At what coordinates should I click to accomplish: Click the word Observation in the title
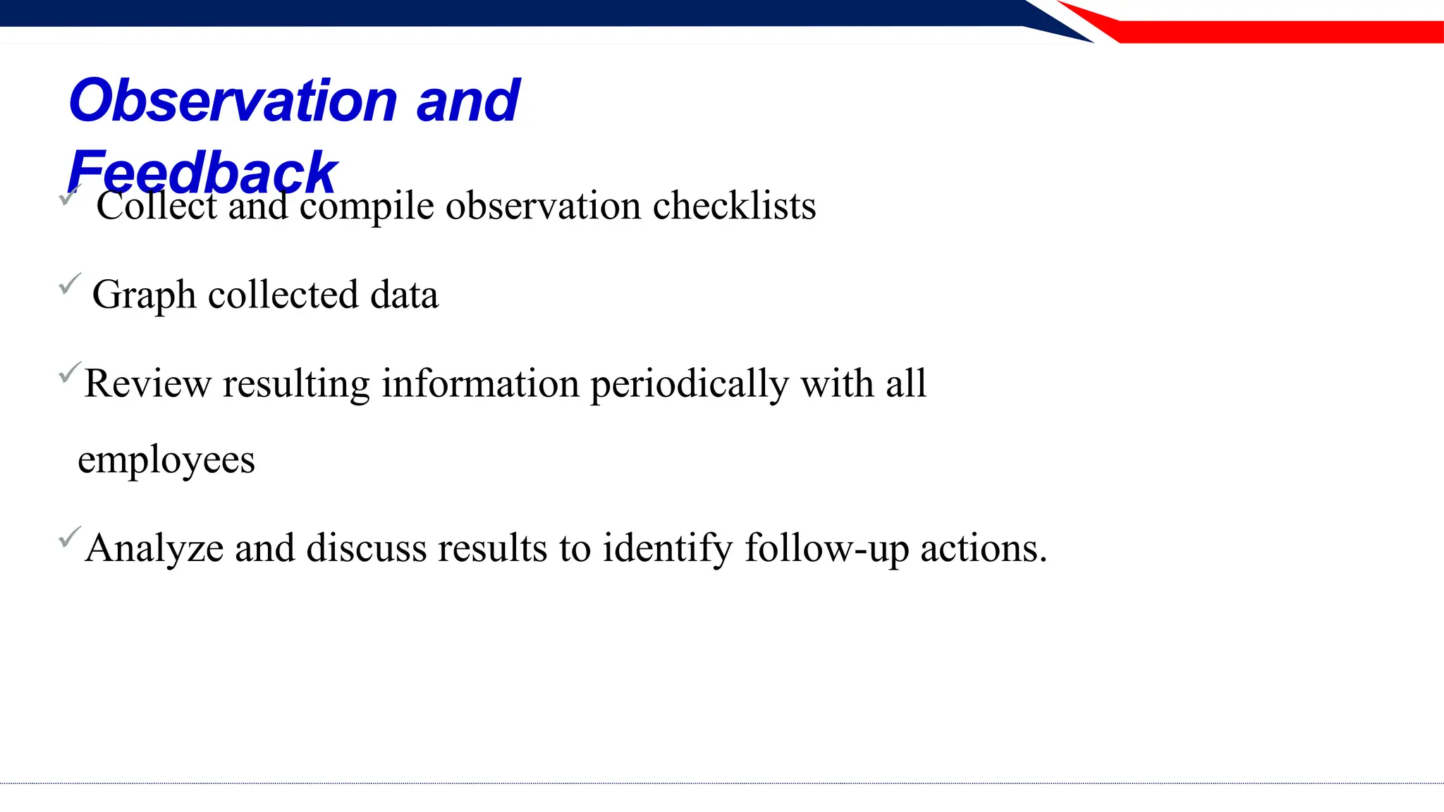(x=233, y=101)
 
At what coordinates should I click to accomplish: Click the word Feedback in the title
(x=203, y=172)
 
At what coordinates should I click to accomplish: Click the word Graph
(x=144, y=295)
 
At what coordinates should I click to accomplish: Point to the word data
(x=404, y=295)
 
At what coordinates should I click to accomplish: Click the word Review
(x=147, y=384)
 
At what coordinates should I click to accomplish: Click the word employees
(x=166, y=461)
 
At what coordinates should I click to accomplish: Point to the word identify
(x=667, y=549)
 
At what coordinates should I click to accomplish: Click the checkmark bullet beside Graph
(x=70, y=283)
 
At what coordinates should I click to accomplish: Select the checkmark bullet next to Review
(x=70, y=371)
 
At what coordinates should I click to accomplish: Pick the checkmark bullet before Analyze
(x=70, y=537)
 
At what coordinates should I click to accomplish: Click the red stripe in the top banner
(x=1269, y=31)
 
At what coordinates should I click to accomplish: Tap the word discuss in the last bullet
(x=367, y=548)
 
